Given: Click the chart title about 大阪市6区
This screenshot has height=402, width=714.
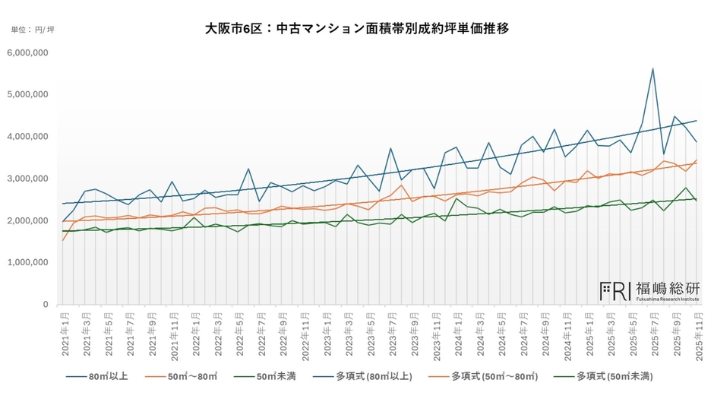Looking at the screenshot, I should tap(357, 29).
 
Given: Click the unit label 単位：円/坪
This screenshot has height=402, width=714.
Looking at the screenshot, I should tap(33, 30).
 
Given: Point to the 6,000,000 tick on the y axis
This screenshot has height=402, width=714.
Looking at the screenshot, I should tap(28, 52).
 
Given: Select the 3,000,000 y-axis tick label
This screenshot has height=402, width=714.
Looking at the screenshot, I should tap(28, 179).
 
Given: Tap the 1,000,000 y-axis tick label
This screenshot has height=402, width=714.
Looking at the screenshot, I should tap(28, 263).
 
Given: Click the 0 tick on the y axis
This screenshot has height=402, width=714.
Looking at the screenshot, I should tap(46, 305).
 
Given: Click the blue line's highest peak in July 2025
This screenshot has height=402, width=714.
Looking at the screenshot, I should tap(652, 68).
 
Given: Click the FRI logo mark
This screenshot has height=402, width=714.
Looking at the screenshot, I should tap(614, 290).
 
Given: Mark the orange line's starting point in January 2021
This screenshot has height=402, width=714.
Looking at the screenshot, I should tap(63, 241).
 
